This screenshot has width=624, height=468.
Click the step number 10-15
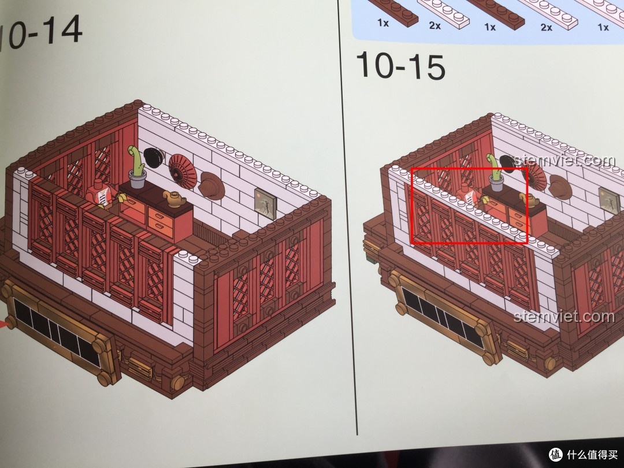pos(400,66)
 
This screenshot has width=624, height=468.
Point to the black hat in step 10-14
pos(153,158)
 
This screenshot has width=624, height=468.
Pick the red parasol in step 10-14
pos(183,171)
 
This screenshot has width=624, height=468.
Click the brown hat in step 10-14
pos(212,185)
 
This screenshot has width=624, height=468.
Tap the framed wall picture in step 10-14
pos(265,203)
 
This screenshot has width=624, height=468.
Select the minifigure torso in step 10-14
pos(99,194)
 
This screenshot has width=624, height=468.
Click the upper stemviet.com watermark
pos(564,161)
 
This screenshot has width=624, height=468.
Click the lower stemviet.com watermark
pos(564,317)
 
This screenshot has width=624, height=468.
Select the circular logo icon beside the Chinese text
pos(556,454)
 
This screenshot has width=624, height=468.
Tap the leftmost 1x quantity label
pos(383,23)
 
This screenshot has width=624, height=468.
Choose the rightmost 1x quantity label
pos(603,27)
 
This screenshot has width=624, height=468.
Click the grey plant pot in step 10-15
pos(497,183)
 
